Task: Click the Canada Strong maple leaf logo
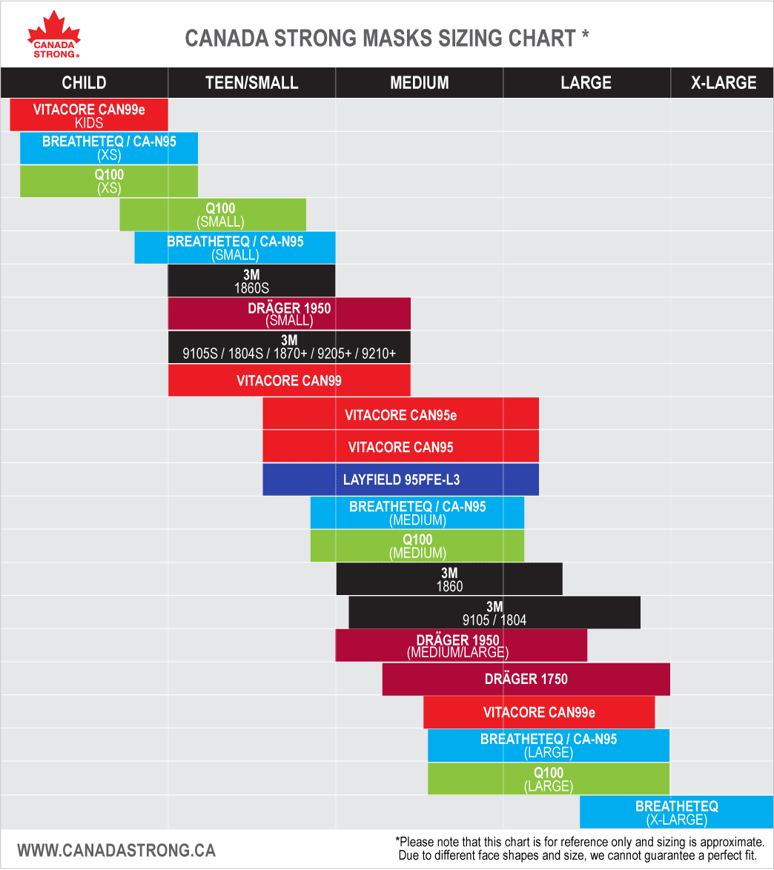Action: click(x=54, y=34)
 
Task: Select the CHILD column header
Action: click(x=84, y=82)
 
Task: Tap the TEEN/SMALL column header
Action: click(x=251, y=82)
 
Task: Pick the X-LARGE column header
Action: click(x=723, y=82)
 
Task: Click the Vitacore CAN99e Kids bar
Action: click(x=89, y=115)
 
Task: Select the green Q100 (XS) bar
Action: click(x=109, y=181)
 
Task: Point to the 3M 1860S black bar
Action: click(x=251, y=280)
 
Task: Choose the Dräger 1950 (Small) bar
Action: click(x=289, y=313)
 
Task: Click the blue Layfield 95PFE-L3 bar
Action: click(x=400, y=479)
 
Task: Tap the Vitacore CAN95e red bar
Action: click(x=400, y=414)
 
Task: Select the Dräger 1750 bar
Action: click(x=526, y=679)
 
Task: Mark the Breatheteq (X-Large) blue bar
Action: click(x=676, y=811)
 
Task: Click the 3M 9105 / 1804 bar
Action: click(x=494, y=613)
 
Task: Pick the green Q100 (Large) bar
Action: click(x=549, y=779)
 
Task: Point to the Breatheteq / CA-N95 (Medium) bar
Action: click(x=417, y=513)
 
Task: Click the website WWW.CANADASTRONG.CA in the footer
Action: click(x=116, y=849)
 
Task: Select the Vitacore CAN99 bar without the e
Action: click(x=289, y=380)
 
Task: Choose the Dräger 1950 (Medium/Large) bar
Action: click(x=461, y=645)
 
